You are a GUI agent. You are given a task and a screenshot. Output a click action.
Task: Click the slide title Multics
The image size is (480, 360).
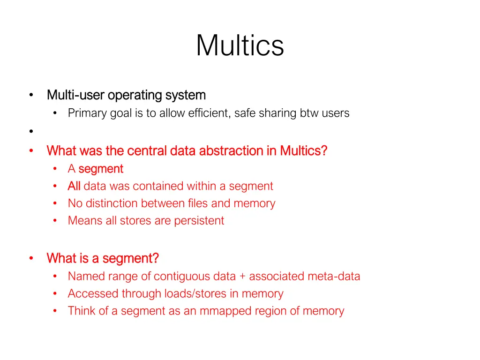(x=240, y=45)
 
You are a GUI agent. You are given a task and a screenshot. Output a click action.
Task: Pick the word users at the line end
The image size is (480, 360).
(x=335, y=113)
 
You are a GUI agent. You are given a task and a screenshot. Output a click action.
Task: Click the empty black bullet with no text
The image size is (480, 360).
(x=31, y=132)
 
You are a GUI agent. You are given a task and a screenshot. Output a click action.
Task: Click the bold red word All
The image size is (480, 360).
(x=74, y=186)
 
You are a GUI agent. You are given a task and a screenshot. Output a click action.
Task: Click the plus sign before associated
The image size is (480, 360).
(x=242, y=277)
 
